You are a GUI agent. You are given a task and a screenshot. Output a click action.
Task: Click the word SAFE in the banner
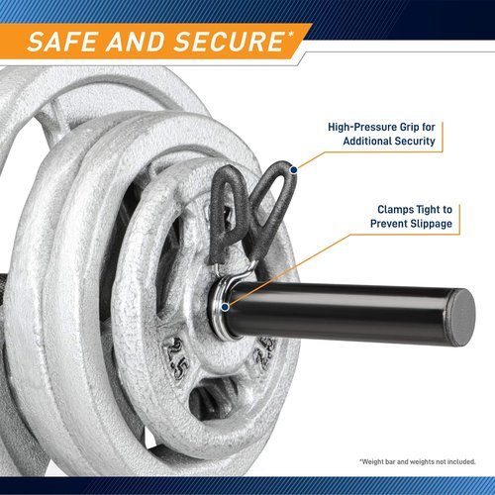point(62,42)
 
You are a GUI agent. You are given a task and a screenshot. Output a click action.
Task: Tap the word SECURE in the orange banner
point(228,42)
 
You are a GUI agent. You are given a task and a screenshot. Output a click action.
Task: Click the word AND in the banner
point(136,42)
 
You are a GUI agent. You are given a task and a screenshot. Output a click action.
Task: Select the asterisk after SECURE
point(289,35)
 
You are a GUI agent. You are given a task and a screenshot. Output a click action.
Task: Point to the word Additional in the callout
point(367,141)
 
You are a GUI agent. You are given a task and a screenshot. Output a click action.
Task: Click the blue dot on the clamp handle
point(293,170)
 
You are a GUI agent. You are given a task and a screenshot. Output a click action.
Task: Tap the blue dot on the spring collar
point(225,307)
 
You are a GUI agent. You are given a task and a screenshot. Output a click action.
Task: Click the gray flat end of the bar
point(462,318)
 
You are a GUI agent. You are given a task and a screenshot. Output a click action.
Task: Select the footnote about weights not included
point(418,461)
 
